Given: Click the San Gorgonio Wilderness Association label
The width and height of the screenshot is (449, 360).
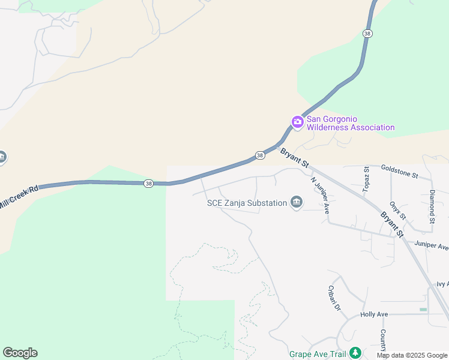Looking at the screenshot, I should [x=351, y=123].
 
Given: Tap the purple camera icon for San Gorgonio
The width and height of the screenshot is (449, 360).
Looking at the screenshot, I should [x=297, y=122].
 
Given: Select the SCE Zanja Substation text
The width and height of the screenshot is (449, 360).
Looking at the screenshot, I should [x=247, y=203].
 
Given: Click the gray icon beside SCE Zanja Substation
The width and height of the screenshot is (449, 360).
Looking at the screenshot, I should [x=296, y=203].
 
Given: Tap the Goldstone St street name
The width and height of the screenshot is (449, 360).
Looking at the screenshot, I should [x=399, y=173].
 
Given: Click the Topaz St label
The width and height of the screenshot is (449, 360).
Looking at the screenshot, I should [x=366, y=177].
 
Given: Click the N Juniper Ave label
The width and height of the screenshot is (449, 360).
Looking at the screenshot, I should [x=321, y=194].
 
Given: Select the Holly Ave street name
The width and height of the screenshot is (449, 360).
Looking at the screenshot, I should [x=375, y=314].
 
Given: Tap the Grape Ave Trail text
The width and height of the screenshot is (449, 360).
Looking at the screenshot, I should [x=318, y=354].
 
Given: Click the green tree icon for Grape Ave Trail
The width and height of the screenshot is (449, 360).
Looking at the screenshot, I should [x=355, y=352].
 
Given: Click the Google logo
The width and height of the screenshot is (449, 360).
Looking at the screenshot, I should [x=20, y=353].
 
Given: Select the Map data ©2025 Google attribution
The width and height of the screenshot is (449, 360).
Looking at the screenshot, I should [x=412, y=355].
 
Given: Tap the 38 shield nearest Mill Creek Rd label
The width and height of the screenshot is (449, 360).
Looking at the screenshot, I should [x=148, y=183].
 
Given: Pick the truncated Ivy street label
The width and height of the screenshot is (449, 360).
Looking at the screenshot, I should [x=442, y=284].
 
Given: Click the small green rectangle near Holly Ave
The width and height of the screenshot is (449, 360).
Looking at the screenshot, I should [x=423, y=310].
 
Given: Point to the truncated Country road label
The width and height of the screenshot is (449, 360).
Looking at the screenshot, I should [x=382, y=340].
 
